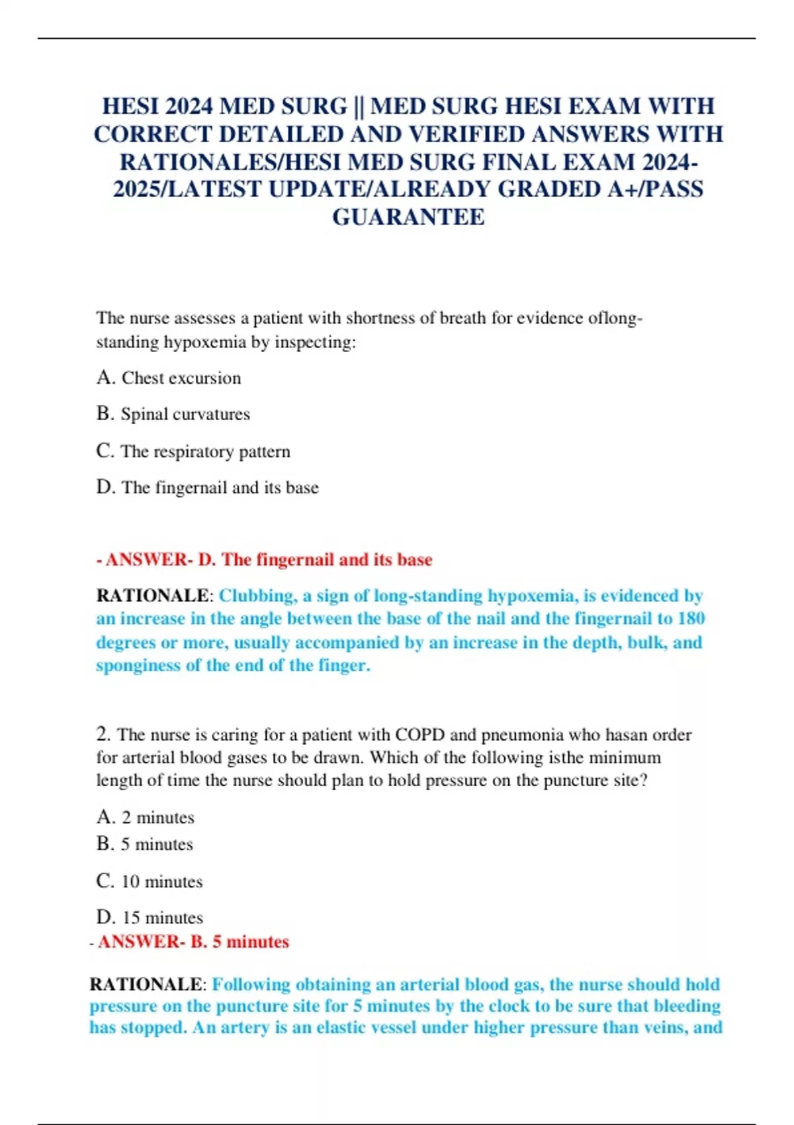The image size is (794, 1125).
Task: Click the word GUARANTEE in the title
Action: (408, 217)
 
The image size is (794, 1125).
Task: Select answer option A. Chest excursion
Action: (169, 378)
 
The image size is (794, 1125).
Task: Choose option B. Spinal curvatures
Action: (173, 414)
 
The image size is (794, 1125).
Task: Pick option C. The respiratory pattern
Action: (193, 451)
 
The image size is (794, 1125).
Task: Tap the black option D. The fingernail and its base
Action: (208, 488)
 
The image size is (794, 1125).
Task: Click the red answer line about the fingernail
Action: (265, 560)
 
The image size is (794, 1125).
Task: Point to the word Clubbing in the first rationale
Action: (256, 596)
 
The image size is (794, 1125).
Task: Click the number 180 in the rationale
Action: (691, 619)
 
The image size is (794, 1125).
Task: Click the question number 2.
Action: (103, 734)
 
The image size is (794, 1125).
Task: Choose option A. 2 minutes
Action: (146, 817)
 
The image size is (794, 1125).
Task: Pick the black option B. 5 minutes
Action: (145, 844)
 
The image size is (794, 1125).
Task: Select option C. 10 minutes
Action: (150, 881)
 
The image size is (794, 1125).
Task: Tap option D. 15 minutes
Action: (150, 917)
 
